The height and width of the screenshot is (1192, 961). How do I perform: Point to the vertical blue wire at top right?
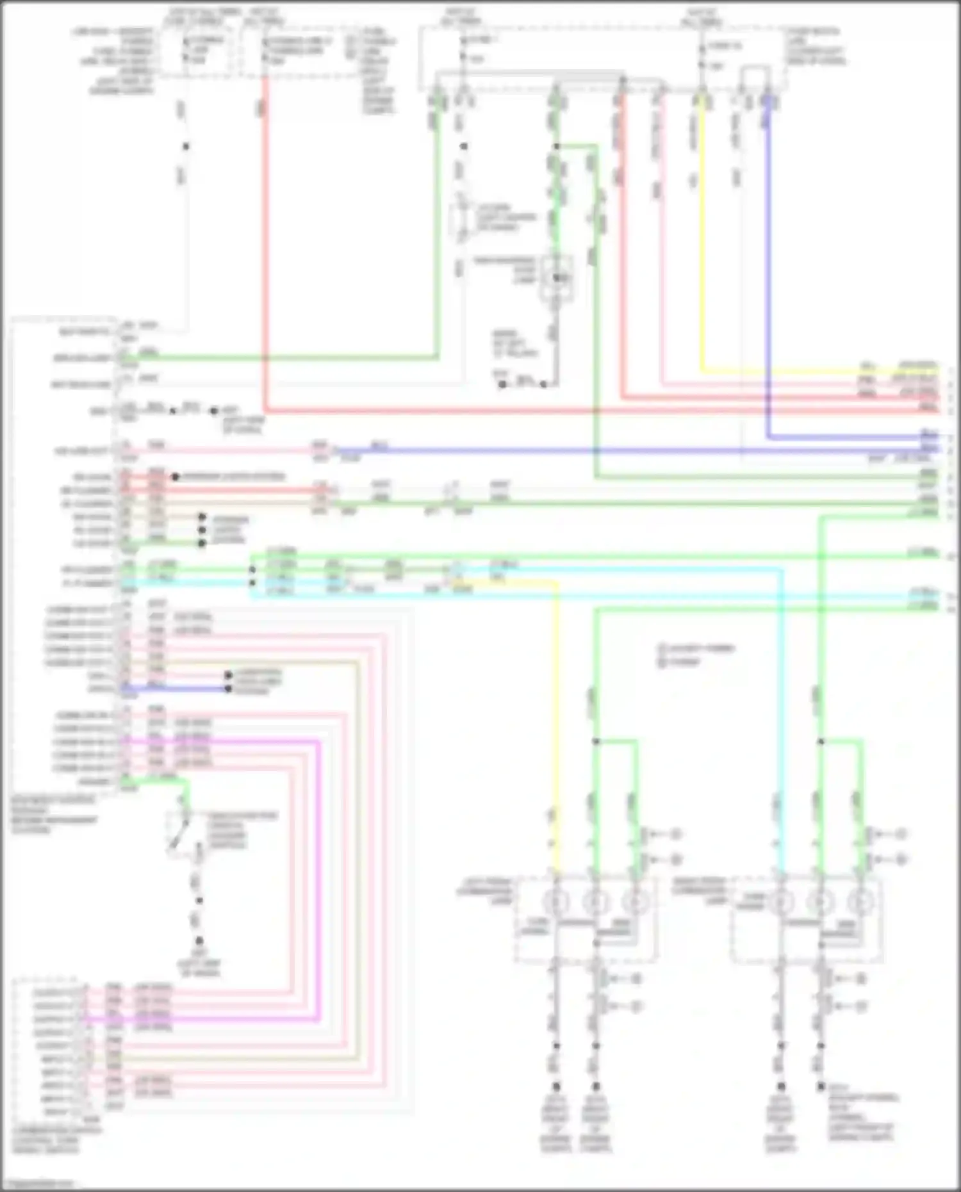(768, 269)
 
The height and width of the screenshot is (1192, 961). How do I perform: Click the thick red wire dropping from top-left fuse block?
(264, 243)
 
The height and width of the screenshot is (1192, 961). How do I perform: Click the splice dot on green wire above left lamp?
(596, 741)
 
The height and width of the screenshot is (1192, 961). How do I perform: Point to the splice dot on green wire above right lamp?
(820, 741)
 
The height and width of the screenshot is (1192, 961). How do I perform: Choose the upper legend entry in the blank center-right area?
(695, 648)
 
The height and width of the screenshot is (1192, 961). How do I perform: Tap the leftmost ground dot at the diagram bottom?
(556, 1086)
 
